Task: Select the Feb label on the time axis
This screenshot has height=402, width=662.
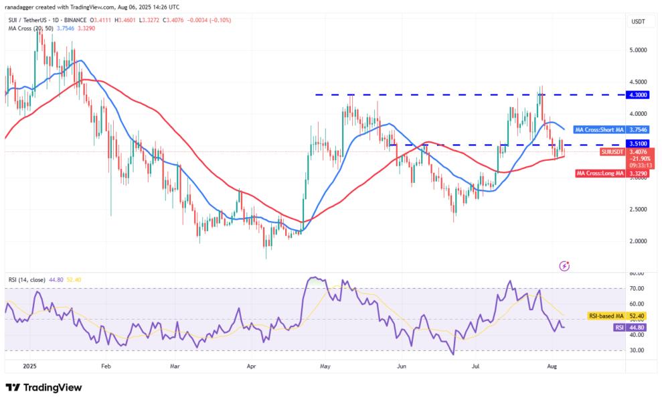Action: (105, 366)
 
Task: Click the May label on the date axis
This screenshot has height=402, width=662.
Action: (326, 366)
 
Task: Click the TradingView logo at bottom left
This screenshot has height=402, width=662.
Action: (44, 388)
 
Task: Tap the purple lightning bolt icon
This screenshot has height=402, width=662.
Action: (564, 266)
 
